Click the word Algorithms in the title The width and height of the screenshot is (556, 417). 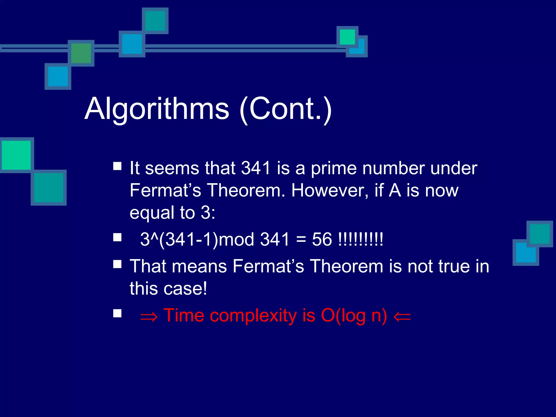coord(157,109)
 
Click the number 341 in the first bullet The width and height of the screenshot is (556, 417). coord(256,168)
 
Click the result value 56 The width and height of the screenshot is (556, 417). coord(322,239)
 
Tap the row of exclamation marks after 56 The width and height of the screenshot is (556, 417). coord(361,239)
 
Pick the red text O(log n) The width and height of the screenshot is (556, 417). coord(354,316)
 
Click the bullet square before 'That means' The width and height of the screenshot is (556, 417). coord(117,264)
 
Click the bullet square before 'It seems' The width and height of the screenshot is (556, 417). coord(117,166)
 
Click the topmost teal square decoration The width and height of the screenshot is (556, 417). coord(155,21)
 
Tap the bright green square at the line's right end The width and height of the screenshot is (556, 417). coord(347,37)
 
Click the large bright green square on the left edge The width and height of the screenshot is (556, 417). coord(16,155)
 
